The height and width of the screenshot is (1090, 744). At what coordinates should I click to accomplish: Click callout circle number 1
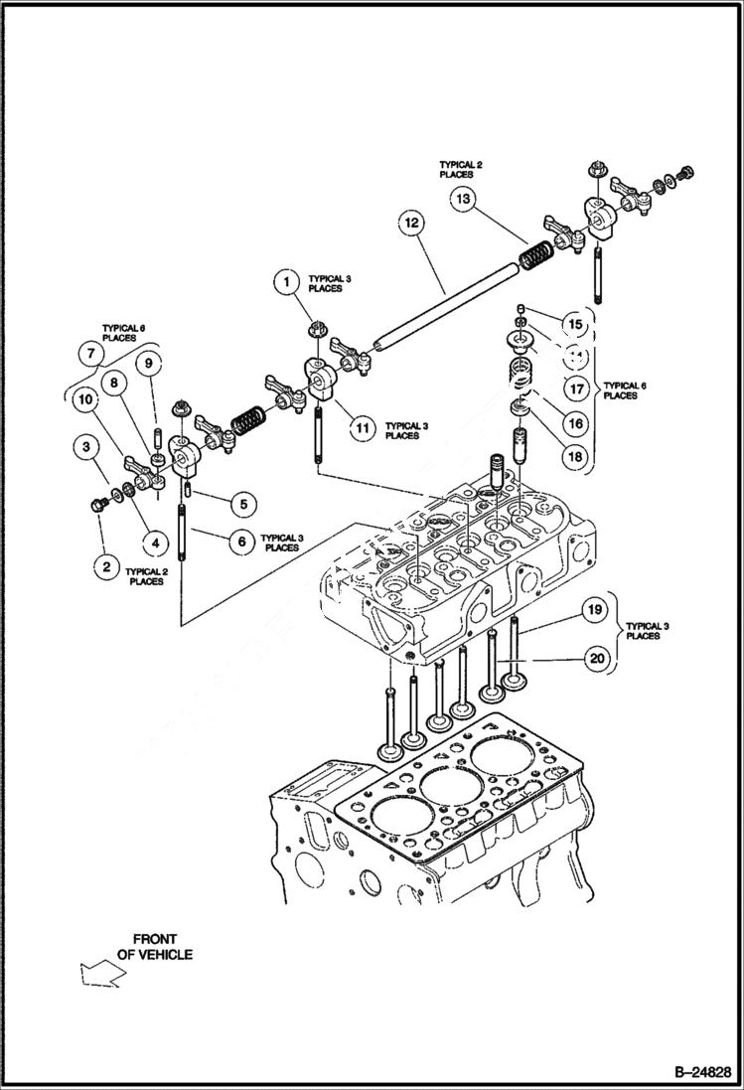[286, 282]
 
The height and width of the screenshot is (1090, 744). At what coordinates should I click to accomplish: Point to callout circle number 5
[240, 504]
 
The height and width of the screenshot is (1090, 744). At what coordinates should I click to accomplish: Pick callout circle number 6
[240, 542]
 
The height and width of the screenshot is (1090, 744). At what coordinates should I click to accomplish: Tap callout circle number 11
[363, 428]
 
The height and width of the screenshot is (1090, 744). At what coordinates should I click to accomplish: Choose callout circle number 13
[462, 199]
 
